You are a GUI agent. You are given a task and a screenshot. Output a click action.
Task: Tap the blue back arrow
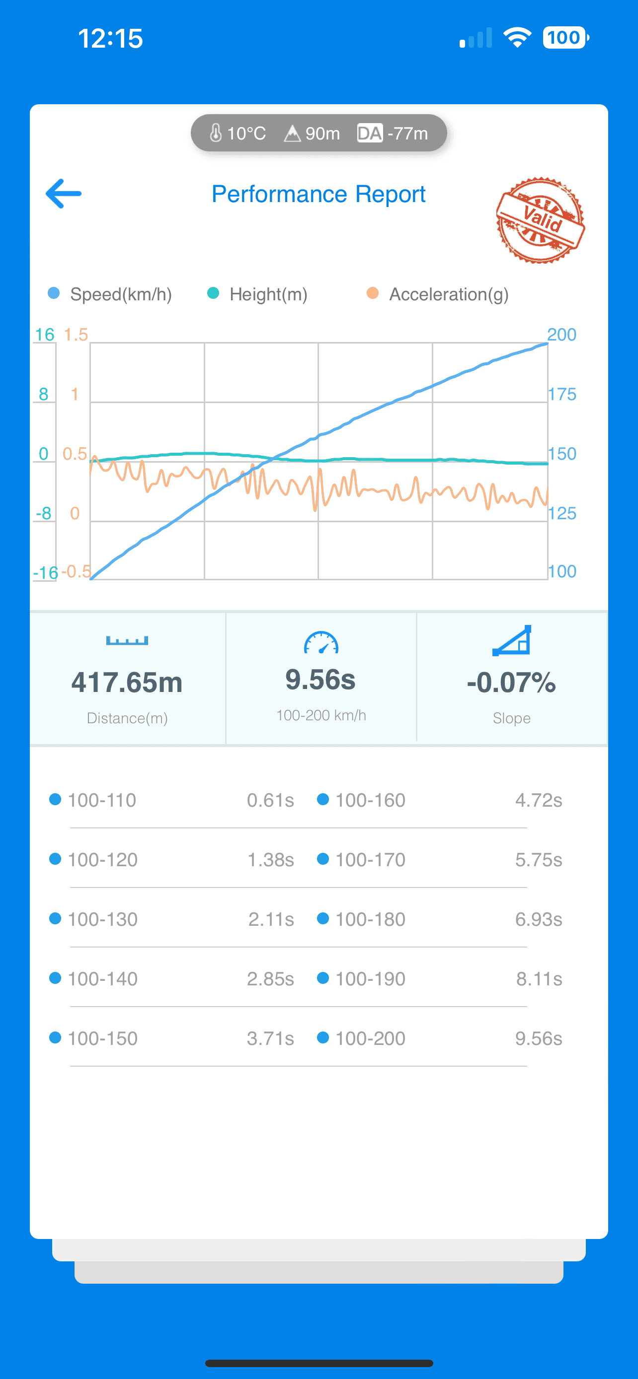click(x=63, y=193)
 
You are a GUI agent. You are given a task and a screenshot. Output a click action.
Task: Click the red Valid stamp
click(x=540, y=220)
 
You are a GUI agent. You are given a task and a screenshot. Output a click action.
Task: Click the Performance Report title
click(x=319, y=194)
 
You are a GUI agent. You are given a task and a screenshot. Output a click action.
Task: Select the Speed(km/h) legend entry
click(x=110, y=294)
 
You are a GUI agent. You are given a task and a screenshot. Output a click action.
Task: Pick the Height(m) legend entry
click(x=257, y=294)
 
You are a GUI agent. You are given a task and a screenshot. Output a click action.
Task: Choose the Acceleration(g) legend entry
click(x=438, y=294)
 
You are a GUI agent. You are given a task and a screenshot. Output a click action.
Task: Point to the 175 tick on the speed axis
click(x=562, y=394)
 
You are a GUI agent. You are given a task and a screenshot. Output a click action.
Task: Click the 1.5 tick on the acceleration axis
click(x=76, y=335)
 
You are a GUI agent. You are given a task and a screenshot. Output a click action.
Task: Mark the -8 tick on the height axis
click(x=43, y=513)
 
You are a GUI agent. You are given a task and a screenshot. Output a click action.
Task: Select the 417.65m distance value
click(x=127, y=683)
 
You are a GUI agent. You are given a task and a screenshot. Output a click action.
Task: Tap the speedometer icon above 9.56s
click(x=321, y=642)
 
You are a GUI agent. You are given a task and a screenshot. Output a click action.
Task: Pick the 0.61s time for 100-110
click(x=270, y=800)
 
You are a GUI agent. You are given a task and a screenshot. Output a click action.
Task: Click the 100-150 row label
click(x=102, y=1038)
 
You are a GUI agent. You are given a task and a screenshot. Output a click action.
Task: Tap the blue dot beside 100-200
click(x=322, y=1037)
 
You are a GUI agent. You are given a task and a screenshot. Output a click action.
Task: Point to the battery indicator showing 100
click(x=565, y=37)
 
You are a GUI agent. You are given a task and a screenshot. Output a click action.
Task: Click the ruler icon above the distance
click(x=127, y=640)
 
